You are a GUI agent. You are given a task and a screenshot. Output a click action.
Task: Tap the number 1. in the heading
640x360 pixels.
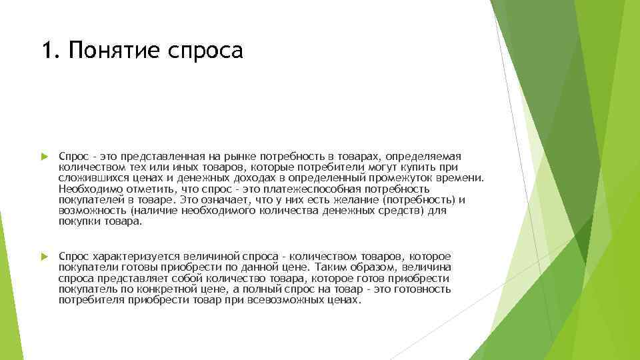[50, 50]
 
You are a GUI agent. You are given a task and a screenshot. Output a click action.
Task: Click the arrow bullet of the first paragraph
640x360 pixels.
[44, 156]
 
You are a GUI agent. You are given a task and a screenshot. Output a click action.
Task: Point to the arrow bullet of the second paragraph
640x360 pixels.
[44, 257]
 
